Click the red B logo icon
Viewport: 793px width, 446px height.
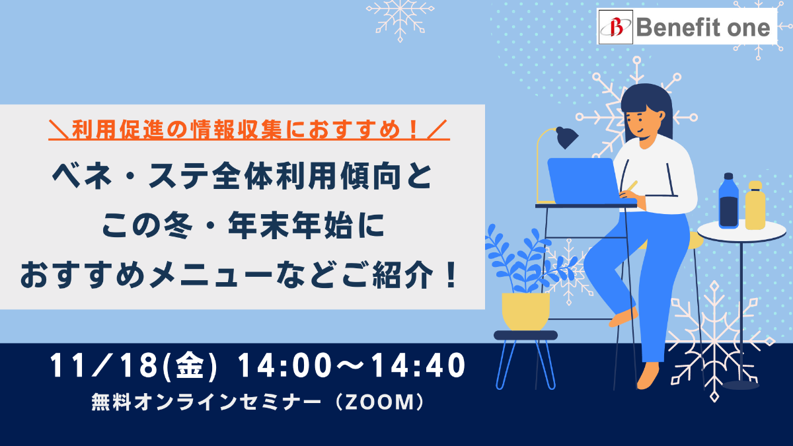pyautogui.click(x=616, y=27)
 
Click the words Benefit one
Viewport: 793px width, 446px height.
pyautogui.click(x=703, y=27)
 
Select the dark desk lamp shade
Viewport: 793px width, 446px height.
pyautogui.click(x=566, y=137)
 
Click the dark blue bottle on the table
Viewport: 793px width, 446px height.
pyautogui.click(x=728, y=200)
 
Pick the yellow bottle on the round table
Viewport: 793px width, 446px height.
pyautogui.click(x=755, y=205)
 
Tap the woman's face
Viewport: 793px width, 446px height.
pyautogui.click(x=640, y=122)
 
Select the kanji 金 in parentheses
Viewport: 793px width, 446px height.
pyautogui.click(x=190, y=366)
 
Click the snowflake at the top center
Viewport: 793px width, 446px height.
pyautogui.click(x=400, y=19)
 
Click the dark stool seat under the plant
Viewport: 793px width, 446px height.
pyautogui.click(x=526, y=335)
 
